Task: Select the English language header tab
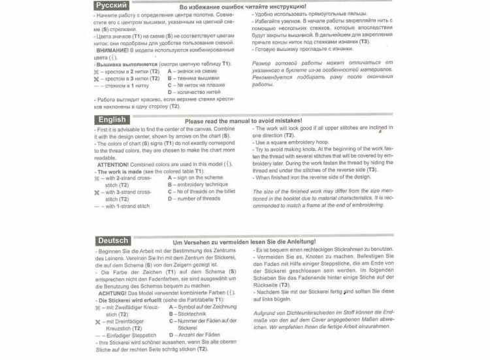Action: tap(112, 120)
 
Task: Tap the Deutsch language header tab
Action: tap(113, 241)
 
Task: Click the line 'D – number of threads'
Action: tap(193, 199)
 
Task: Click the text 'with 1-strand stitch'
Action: tap(127, 206)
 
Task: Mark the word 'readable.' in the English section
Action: tap(105, 157)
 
